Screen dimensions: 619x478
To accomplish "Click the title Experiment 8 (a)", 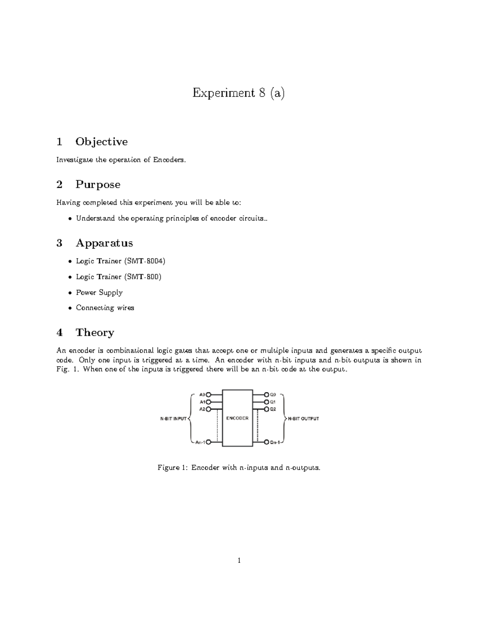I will tap(239, 93).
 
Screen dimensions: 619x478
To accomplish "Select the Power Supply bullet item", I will tap(99, 292).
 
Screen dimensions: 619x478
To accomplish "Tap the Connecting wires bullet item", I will tap(105, 308).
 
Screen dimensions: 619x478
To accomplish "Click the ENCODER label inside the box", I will tap(237, 418).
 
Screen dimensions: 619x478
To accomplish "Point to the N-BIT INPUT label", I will tap(173, 419).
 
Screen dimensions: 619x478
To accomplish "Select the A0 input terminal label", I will tap(202, 395).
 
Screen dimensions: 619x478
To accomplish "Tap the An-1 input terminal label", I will tap(200, 442).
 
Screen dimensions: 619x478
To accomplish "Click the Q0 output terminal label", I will tap(273, 395).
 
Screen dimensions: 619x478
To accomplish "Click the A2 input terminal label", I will tap(202, 409).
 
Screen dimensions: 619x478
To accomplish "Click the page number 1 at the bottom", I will tap(239, 560).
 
